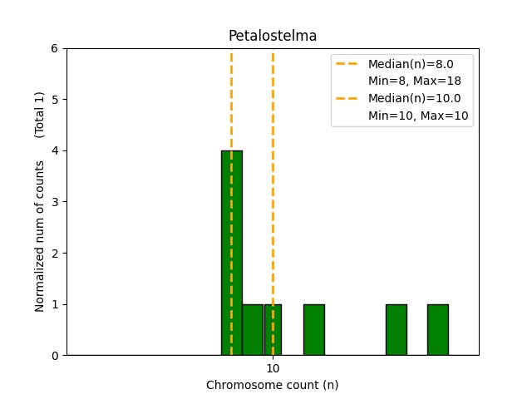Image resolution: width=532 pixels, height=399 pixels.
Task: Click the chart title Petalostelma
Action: [273, 36]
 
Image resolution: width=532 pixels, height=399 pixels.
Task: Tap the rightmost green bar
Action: [438, 329]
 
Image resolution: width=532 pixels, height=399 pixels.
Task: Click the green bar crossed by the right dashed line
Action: [273, 329]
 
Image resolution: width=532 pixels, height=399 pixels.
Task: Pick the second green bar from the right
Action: [397, 329]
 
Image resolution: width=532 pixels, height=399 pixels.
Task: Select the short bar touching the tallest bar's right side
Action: [253, 329]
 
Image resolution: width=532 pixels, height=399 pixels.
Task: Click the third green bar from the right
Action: [314, 329]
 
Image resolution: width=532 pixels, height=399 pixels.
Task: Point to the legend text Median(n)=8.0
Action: [411, 64]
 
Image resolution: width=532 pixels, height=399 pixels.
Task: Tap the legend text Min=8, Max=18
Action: [415, 81]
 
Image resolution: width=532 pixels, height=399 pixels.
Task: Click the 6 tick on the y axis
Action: [55, 48]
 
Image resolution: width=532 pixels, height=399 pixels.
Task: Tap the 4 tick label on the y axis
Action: [55, 150]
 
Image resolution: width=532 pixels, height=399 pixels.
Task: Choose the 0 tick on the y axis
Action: [55, 355]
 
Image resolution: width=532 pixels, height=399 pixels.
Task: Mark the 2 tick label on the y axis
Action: [55, 253]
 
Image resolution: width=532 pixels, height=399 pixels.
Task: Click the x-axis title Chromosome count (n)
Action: [273, 385]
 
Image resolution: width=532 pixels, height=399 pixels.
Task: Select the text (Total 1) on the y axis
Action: [40, 114]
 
